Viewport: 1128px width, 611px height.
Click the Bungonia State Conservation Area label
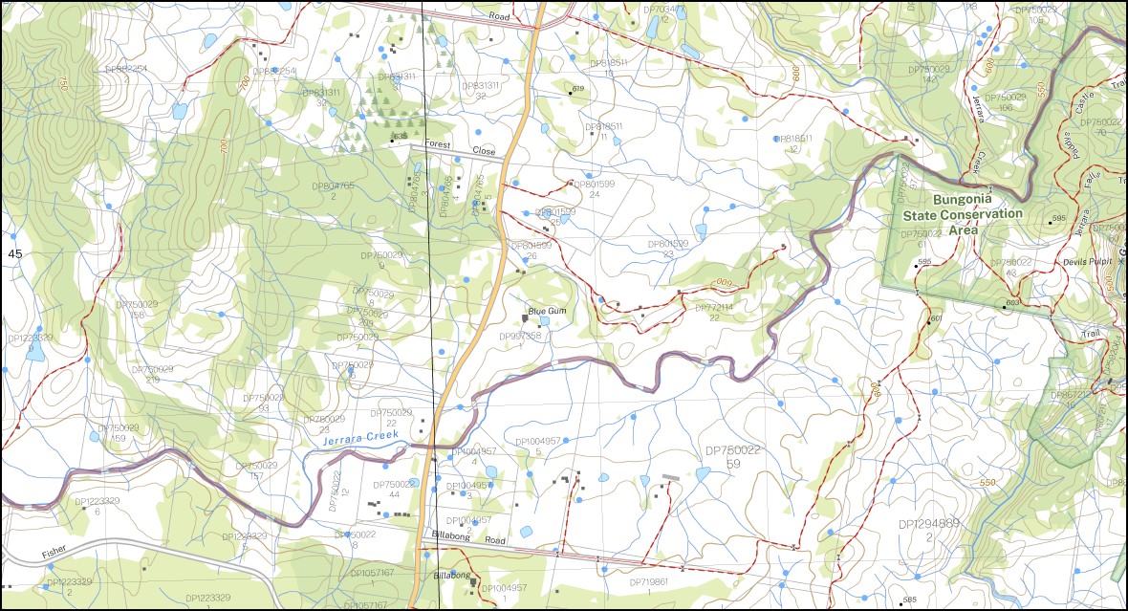click(962, 215)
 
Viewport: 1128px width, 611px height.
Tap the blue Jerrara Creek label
click(359, 438)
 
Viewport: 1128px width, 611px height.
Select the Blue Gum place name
click(548, 311)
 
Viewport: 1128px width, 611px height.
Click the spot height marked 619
click(576, 90)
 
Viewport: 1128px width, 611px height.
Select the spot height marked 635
click(399, 138)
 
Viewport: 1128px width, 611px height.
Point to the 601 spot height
click(935, 318)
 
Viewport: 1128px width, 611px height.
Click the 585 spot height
click(909, 600)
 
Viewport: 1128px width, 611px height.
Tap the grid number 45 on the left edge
click(14, 253)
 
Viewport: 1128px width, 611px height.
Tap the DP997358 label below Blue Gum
click(520, 337)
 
